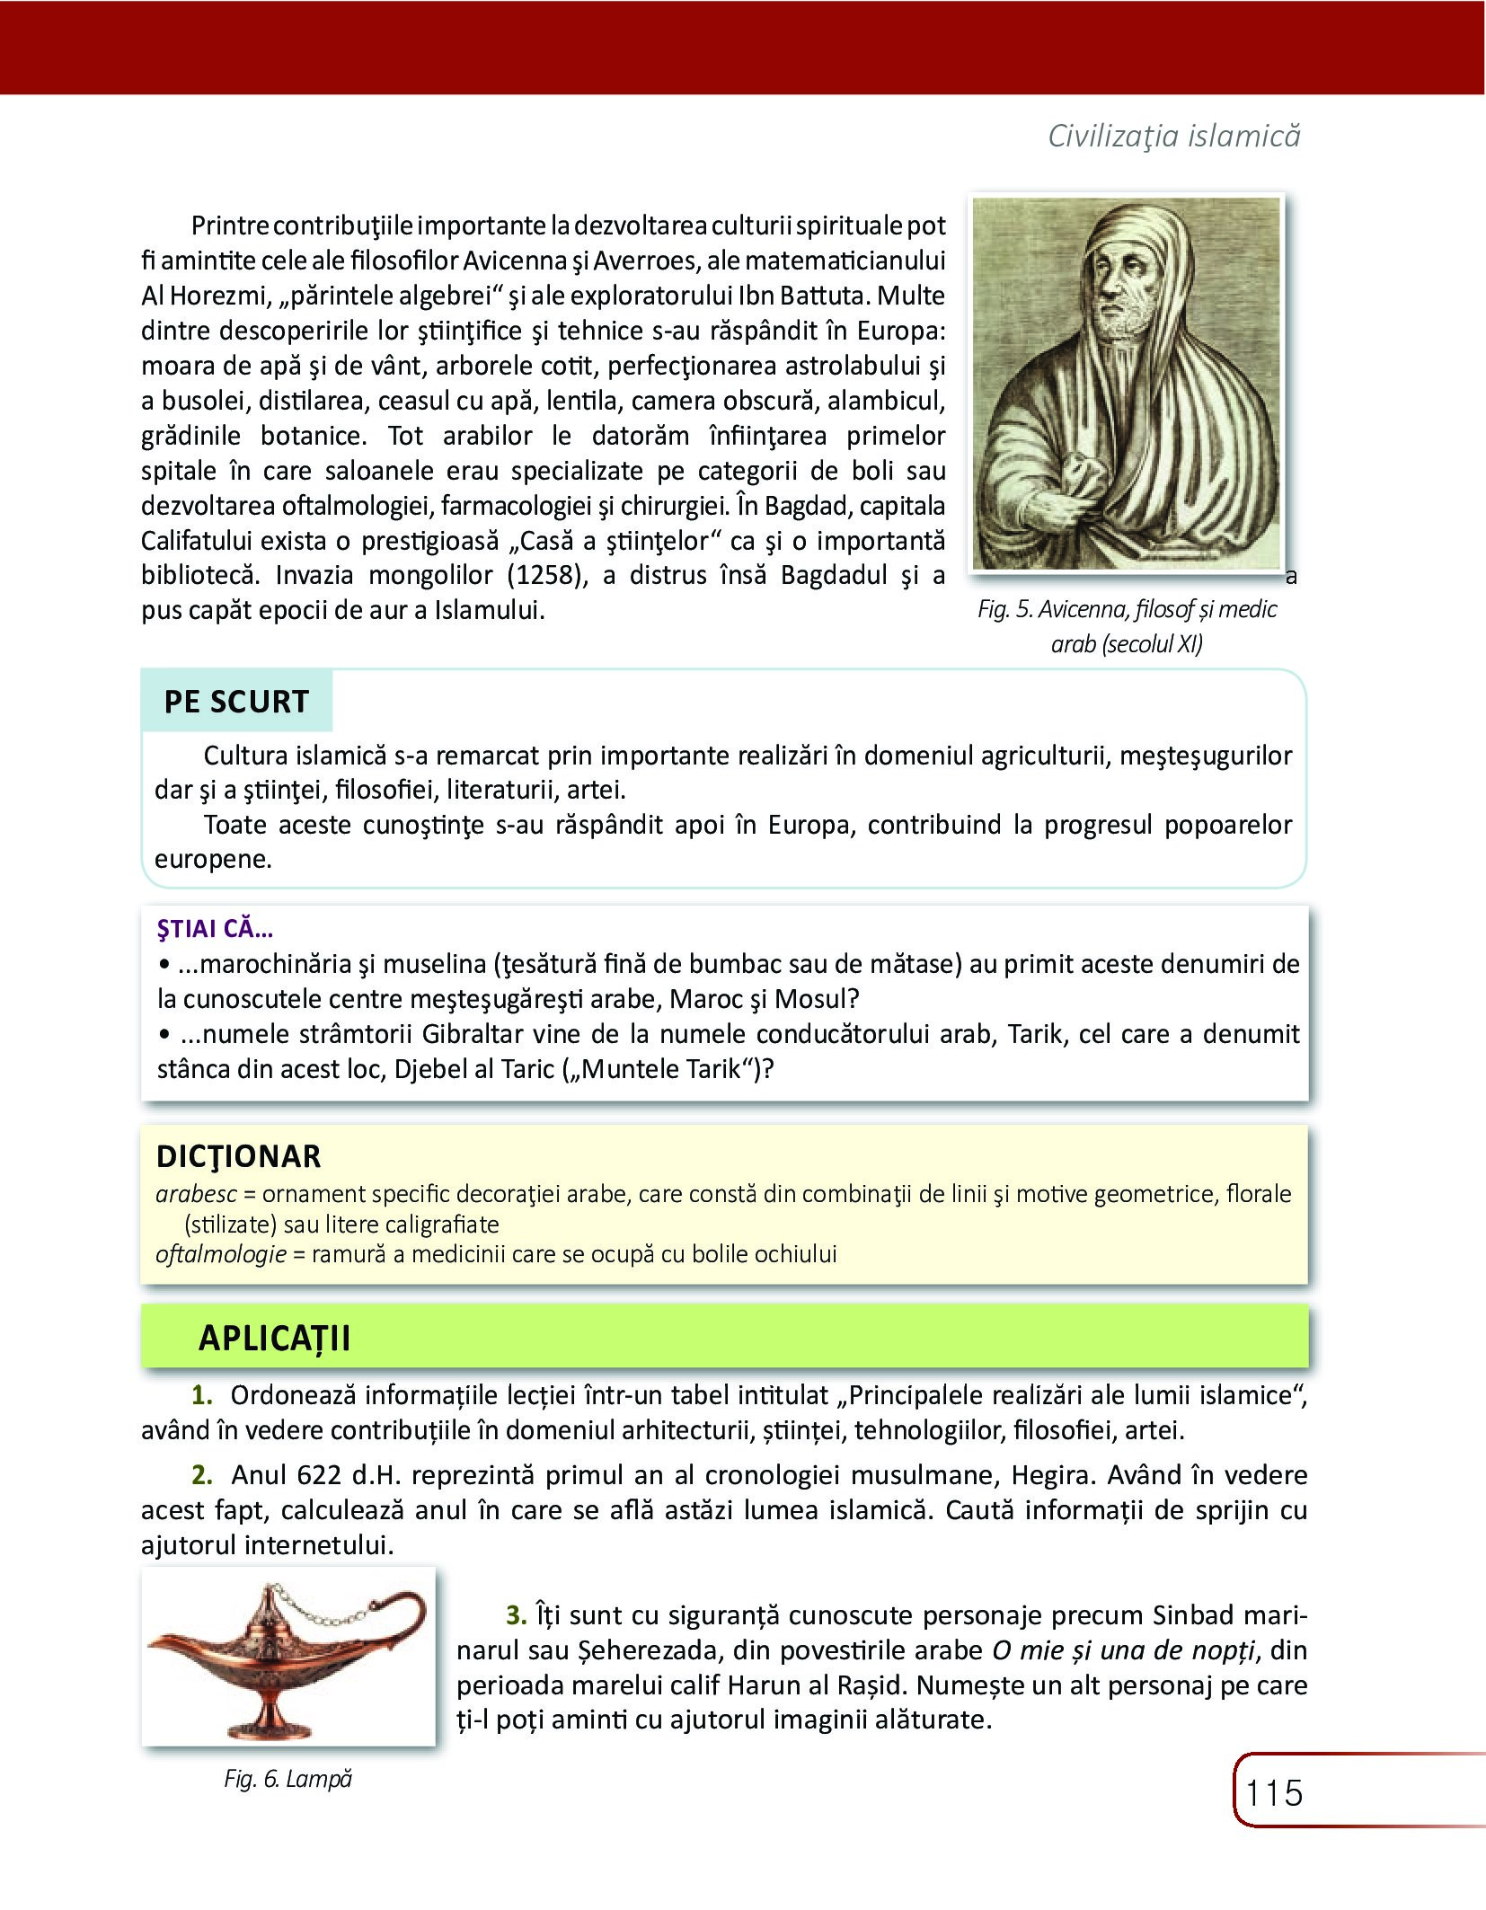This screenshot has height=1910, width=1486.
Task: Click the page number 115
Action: pyautogui.click(x=1274, y=1792)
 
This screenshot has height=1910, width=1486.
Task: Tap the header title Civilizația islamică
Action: pyautogui.click(x=1174, y=136)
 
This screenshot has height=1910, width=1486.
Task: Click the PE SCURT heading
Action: pyautogui.click(x=236, y=702)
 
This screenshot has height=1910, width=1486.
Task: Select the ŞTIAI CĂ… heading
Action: pyautogui.click(x=216, y=930)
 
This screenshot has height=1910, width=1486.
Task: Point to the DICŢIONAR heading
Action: pyautogui.click(x=238, y=1156)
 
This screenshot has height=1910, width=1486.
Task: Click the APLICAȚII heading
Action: pyautogui.click(x=274, y=1338)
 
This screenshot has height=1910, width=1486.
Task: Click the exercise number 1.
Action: pyautogui.click(x=202, y=1395)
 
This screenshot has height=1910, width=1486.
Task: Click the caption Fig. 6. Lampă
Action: pyautogui.click(x=287, y=1779)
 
